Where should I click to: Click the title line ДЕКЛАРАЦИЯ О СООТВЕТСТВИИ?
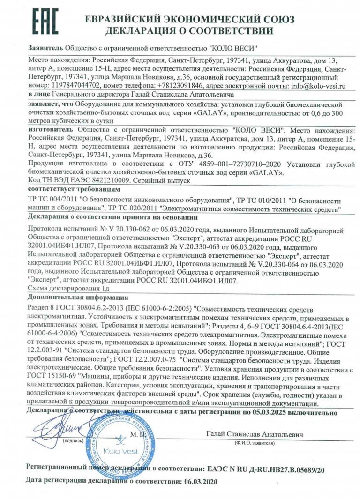(189, 31)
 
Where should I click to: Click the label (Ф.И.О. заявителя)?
(255, 442)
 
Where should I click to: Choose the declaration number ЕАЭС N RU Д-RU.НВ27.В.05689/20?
(265, 468)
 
